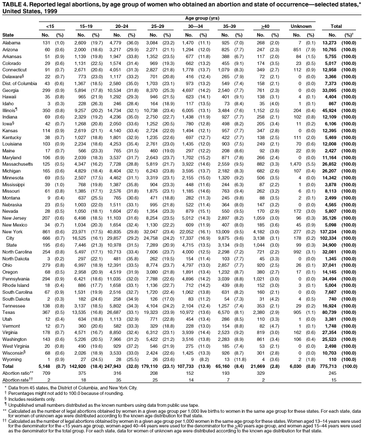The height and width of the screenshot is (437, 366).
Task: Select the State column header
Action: (8, 35)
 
